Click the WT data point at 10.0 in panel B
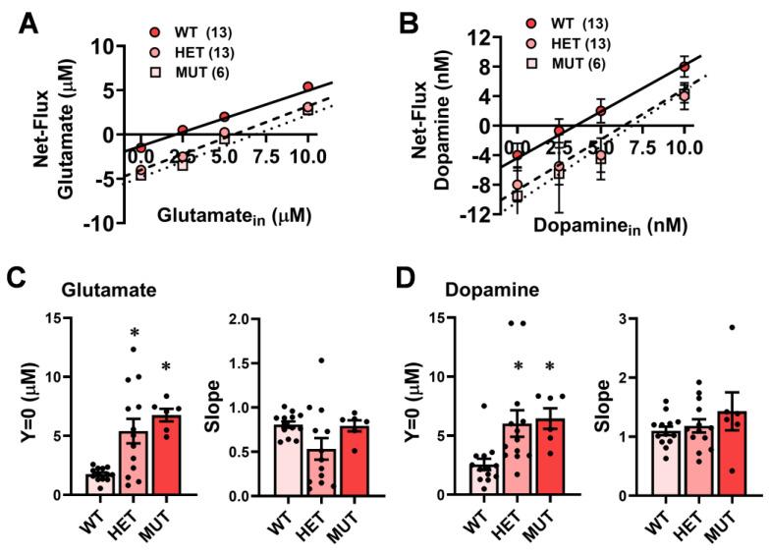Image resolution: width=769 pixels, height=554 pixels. point(685,68)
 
